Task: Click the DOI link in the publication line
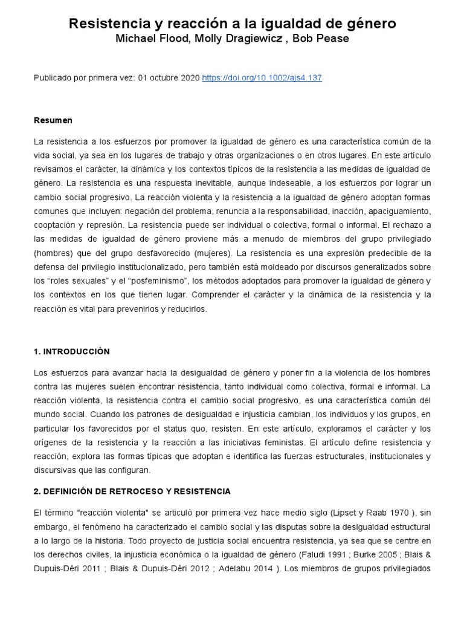262,78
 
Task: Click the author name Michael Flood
147,38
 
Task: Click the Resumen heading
53,120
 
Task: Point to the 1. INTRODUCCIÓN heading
72,351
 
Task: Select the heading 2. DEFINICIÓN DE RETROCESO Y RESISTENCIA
132,491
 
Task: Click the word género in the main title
370,24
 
